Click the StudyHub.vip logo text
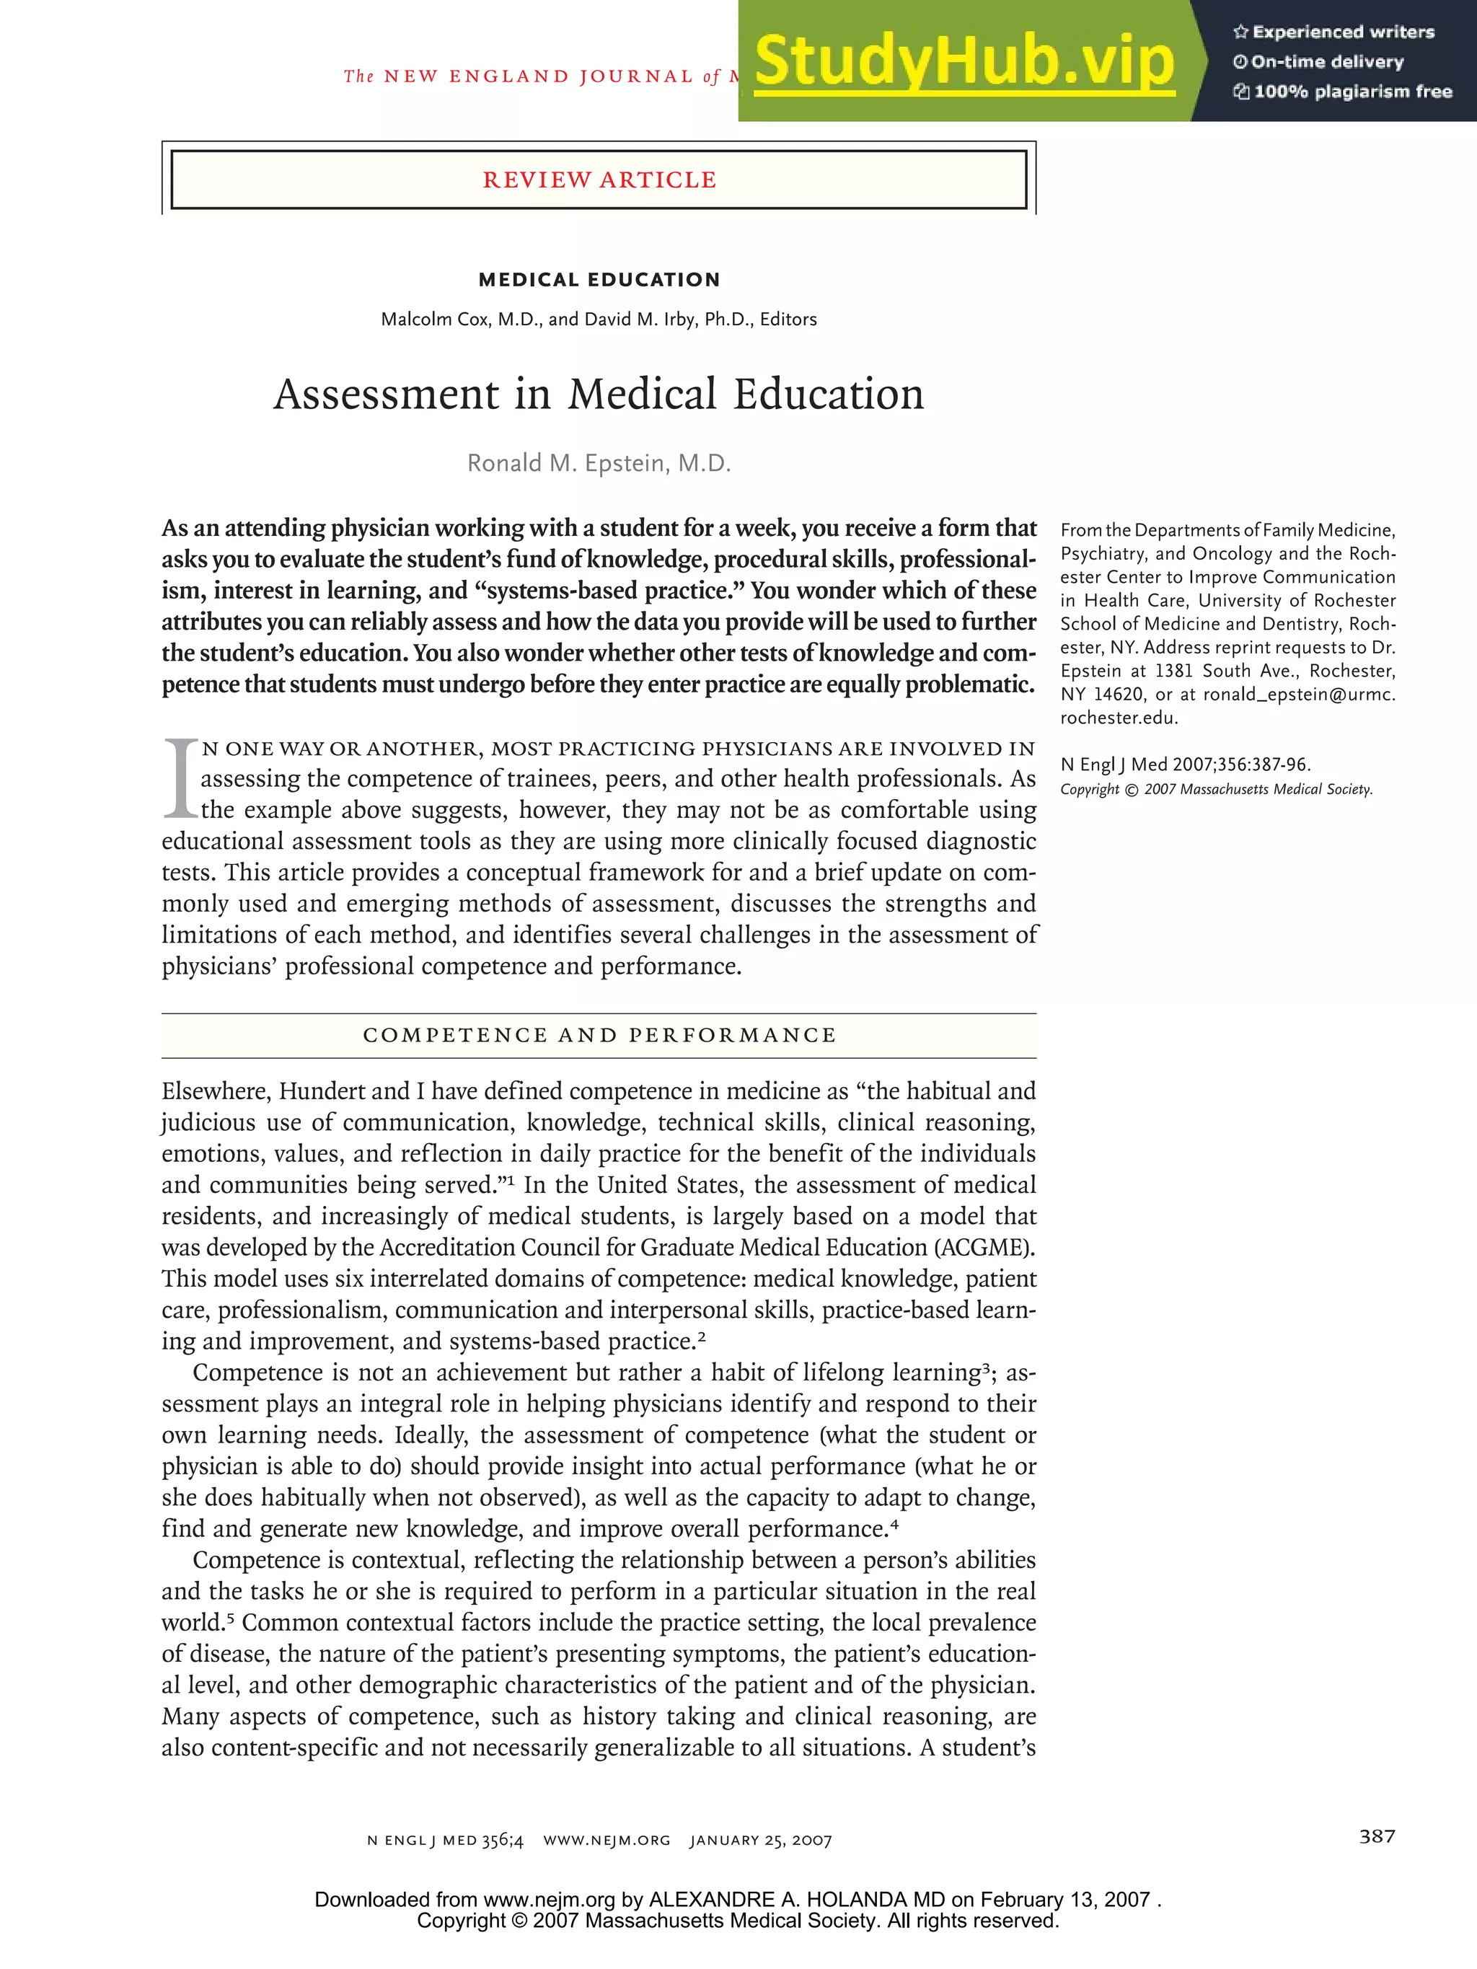pos(964,61)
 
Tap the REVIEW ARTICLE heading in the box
pos(599,180)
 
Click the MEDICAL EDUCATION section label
pos(599,280)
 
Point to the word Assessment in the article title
pos(387,395)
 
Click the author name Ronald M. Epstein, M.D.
pos(599,464)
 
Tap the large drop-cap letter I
pos(180,778)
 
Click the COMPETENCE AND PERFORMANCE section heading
pos(599,1035)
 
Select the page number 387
pos(1377,1836)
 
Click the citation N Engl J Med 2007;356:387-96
pos(1185,765)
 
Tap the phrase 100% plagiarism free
pos(1352,92)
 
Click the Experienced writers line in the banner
pos(1343,32)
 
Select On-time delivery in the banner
pos(1326,62)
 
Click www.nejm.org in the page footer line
pos(607,1840)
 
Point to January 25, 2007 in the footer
pos(760,1840)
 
